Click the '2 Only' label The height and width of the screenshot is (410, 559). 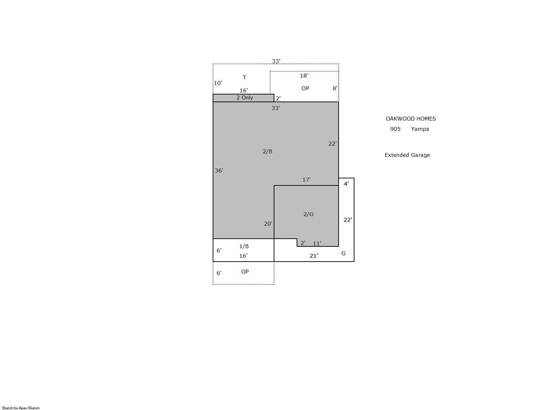(244, 98)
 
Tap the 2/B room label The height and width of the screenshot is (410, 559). (268, 151)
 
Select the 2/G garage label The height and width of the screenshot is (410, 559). (308, 214)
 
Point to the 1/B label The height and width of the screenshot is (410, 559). (244, 246)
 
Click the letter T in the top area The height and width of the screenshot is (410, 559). (244, 77)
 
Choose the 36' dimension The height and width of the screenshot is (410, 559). (219, 171)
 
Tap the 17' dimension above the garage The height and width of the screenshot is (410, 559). (306, 179)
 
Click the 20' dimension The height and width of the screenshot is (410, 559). (268, 224)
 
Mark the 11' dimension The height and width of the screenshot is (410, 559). (317, 243)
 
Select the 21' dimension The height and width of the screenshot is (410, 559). (314, 256)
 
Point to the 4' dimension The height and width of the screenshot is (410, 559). (346, 184)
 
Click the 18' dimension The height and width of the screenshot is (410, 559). (304, 75)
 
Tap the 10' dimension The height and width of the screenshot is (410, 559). (218, 83)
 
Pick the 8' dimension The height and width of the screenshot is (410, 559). (335, 88)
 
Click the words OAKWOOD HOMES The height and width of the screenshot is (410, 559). (411, 119)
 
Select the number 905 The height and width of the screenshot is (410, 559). (395, 129)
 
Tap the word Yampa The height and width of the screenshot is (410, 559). (420, 129)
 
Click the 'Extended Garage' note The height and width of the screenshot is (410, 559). (407, 155)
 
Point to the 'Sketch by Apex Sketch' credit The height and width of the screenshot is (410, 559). (21, 408)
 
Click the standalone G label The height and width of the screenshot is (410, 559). (344, 253)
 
